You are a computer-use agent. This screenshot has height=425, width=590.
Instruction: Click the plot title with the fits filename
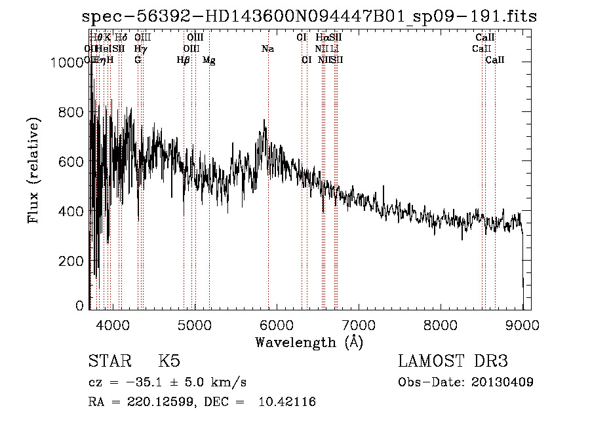[310, 16]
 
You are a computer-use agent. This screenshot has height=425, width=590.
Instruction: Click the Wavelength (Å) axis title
[309, 342]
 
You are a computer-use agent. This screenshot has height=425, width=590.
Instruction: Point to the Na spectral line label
[267, 49]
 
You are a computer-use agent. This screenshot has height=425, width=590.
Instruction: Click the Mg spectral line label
[208, 60]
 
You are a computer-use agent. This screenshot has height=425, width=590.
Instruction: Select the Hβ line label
[183, 60]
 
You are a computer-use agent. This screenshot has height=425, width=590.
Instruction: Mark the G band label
[138, 60]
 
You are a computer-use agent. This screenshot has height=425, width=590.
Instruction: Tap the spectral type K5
[169, 361]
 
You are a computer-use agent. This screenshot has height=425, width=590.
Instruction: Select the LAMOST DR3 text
[453, 361]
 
